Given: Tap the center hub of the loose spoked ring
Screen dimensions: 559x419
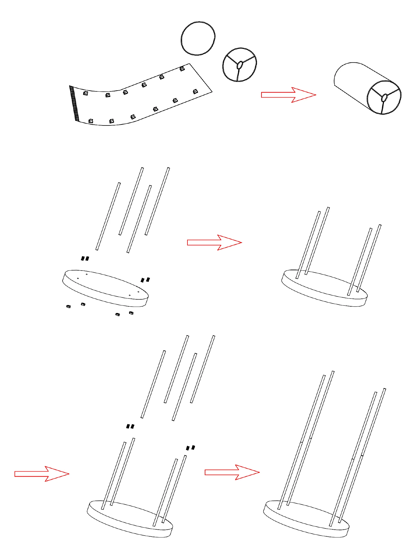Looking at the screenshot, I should pyautogui.click(x=239, y=65).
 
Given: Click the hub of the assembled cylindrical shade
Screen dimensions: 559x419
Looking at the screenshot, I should pyautogui.click(x=384, y=98).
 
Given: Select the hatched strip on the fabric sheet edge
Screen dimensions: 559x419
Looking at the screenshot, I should pyautogui.click(x=74, y=103).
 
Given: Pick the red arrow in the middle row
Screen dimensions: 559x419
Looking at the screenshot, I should pyautogui.click(x=214, y=242).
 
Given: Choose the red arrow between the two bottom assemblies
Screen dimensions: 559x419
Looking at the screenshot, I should pyautogui.click(x=232, y=472).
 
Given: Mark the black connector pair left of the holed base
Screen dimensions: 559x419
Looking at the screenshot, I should pyautogui.click(x=85, y=259).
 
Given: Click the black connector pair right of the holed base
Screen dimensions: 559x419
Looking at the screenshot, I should pyautogui.click(x=145, y=279).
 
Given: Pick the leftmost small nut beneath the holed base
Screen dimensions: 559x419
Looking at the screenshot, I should pyautogui.click(x=68, y=307).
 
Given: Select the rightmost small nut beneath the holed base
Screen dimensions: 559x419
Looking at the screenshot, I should pyautogui.click(x=131, y=313).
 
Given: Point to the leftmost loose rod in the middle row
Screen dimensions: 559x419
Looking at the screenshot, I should pyautogui.click(x=108, y=216).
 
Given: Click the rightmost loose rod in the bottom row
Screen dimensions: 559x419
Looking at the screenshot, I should pyautogui.click(x=203, y=369).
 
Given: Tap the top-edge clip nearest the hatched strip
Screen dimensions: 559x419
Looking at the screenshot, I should pyautogui.click(x=86, y=93).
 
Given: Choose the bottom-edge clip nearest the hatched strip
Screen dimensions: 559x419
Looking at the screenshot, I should pyautogui.click(x=91, y=121).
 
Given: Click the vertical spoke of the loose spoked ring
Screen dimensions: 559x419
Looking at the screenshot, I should pyautogui.click(x=238, y=75).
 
